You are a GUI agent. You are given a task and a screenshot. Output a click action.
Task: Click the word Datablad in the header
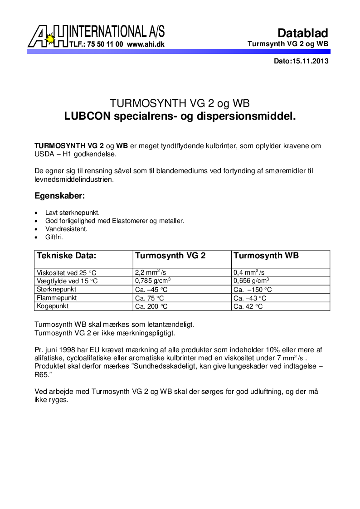[302, 33]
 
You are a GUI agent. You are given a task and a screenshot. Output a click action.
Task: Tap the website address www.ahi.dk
[146, 44]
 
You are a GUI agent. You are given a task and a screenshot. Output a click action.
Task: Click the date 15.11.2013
[310, 61]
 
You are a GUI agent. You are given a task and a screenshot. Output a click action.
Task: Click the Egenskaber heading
[60, 196]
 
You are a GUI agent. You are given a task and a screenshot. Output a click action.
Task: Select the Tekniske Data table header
[66, 256]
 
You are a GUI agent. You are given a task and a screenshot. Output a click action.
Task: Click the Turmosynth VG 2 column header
[170, 256]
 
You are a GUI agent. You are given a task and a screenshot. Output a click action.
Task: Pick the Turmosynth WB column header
[266, 256]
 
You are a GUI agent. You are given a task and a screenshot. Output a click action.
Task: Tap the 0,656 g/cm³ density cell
[251, 281]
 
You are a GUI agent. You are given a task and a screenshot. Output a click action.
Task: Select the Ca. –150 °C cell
[253, 290]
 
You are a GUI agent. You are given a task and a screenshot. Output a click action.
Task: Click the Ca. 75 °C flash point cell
[150, 298]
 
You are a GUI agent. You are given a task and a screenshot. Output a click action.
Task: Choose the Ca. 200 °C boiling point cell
[151, 306]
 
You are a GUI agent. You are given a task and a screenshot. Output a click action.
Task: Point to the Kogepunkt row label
[53, 306]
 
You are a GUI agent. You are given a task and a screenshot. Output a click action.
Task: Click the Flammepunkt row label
[57, 298]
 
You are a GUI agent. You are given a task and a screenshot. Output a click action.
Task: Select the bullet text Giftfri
[54, 237]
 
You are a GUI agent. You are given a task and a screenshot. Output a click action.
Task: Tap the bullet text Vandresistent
[66, 229]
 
